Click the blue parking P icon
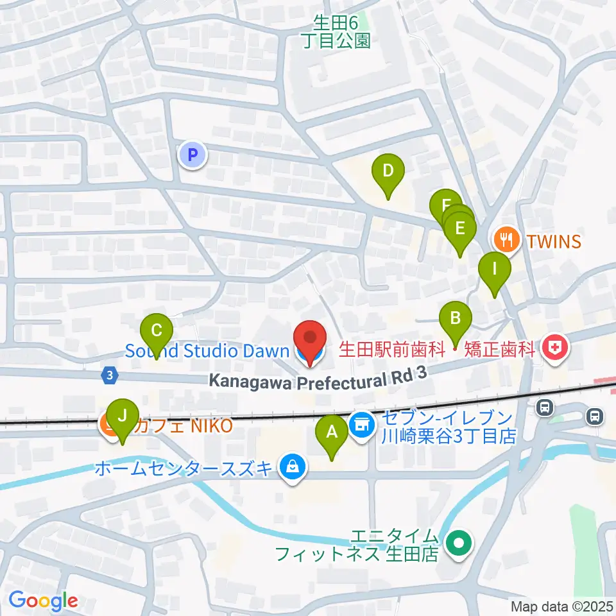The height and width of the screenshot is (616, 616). (192, 155)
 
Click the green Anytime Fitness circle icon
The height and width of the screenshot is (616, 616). (459, 545)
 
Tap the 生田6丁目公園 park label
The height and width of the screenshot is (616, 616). (336, 32)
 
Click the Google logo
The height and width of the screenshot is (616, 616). (43, 601)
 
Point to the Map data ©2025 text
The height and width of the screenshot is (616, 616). (562, 606)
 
